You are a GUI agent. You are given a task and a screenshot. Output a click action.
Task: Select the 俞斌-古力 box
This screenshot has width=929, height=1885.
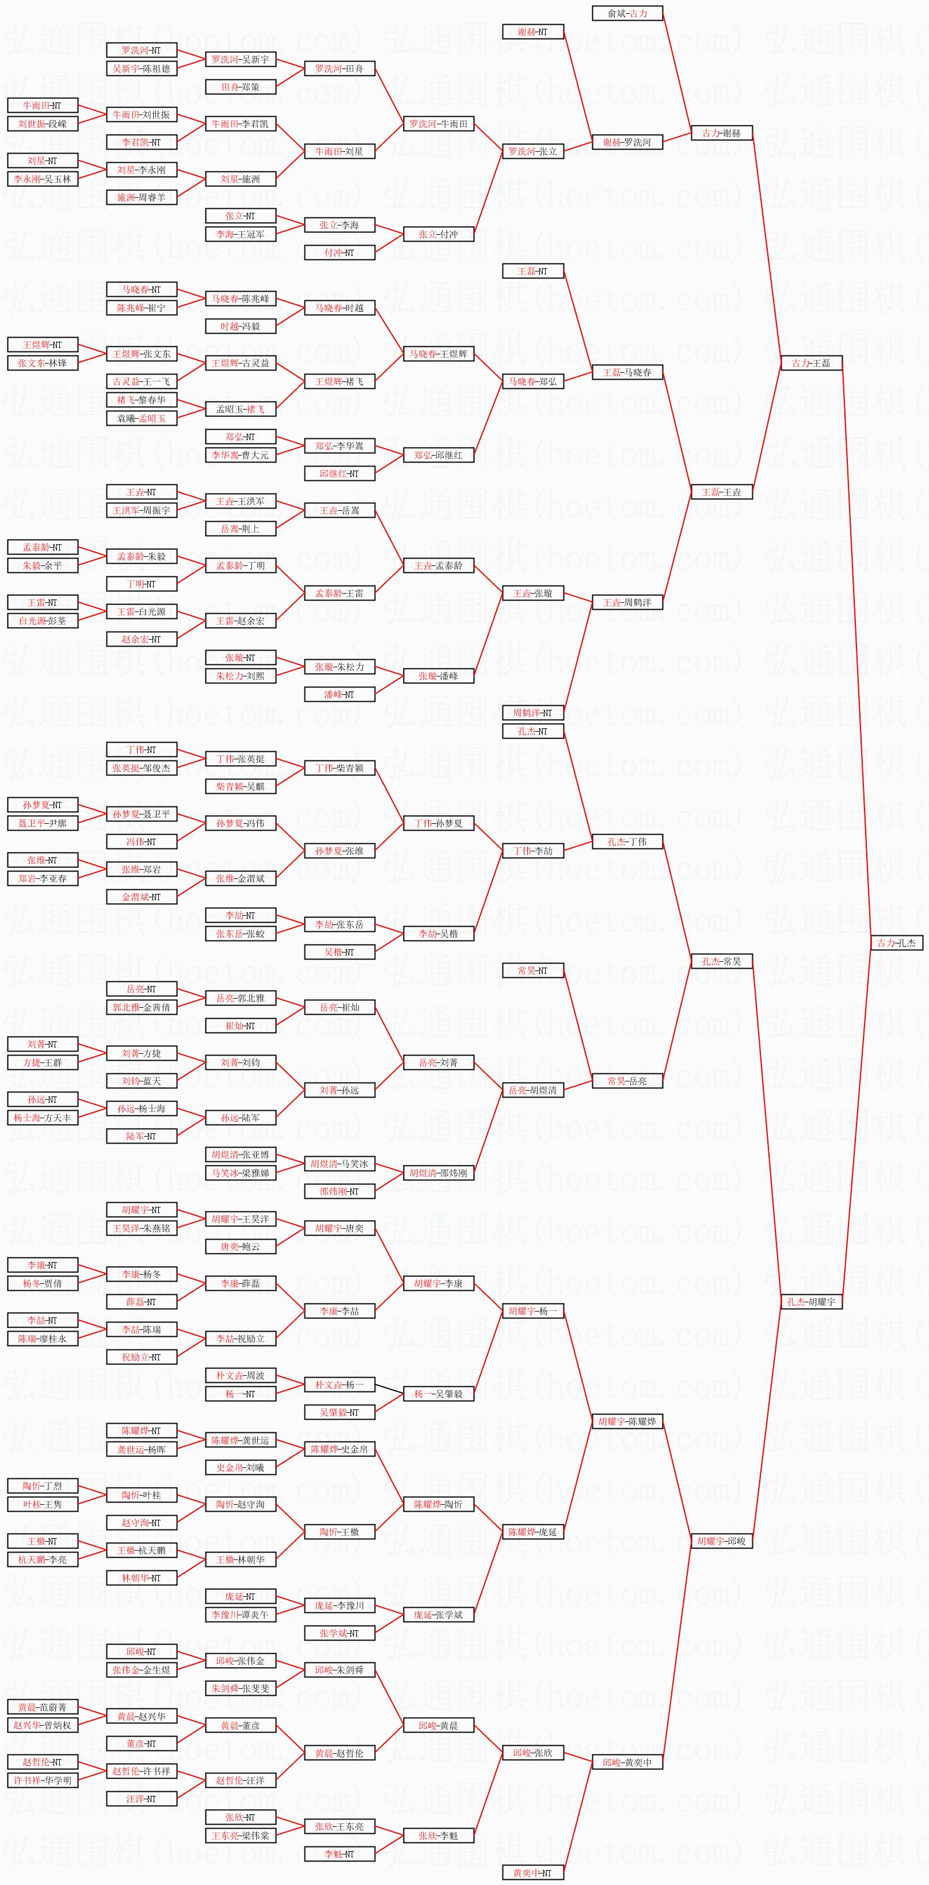click(x=627, y=13)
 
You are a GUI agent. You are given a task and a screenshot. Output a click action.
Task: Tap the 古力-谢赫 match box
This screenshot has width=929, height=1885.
click(x=722, y=133)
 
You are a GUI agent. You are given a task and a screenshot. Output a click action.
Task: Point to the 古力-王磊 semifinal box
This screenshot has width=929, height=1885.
click(x=811, y=363)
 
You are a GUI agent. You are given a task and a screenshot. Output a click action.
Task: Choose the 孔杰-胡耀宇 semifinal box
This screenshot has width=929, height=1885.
click(x=811, y=1302)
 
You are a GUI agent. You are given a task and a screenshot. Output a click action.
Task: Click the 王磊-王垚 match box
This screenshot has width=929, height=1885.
click(x=722, y=492)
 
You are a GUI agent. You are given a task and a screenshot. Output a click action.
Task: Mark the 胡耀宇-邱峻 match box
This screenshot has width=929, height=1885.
click(x=722, y=1541)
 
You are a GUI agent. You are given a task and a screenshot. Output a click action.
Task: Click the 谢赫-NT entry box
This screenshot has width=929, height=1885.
click(x=533, y=32)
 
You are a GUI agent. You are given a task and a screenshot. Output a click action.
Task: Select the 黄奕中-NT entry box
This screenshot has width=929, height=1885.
click(x=533, y=1872)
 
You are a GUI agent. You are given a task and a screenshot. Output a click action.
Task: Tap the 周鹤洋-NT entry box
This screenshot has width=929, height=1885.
click(x=533, y=713)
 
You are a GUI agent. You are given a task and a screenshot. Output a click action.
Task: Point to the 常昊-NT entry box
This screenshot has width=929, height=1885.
click(x=533, y=971)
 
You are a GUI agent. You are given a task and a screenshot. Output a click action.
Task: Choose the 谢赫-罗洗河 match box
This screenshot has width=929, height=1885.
click(x=627, y=142)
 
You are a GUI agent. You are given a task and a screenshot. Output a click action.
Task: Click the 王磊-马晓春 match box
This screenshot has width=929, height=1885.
click(x=627, y=373)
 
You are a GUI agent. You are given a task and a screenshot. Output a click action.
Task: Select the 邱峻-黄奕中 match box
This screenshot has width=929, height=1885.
click(x=627, y=1762)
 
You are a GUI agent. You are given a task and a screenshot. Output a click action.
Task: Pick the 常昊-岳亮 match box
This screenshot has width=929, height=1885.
click(x=627, y=1081)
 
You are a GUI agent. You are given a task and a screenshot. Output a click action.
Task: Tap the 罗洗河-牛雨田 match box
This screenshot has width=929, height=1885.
click(x=439, y=124)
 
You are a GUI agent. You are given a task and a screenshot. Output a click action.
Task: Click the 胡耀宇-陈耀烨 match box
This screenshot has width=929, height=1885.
click(x=627, y=1421)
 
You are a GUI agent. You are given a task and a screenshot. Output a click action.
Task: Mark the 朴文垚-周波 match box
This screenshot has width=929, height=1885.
click(x=240, y=1376)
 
